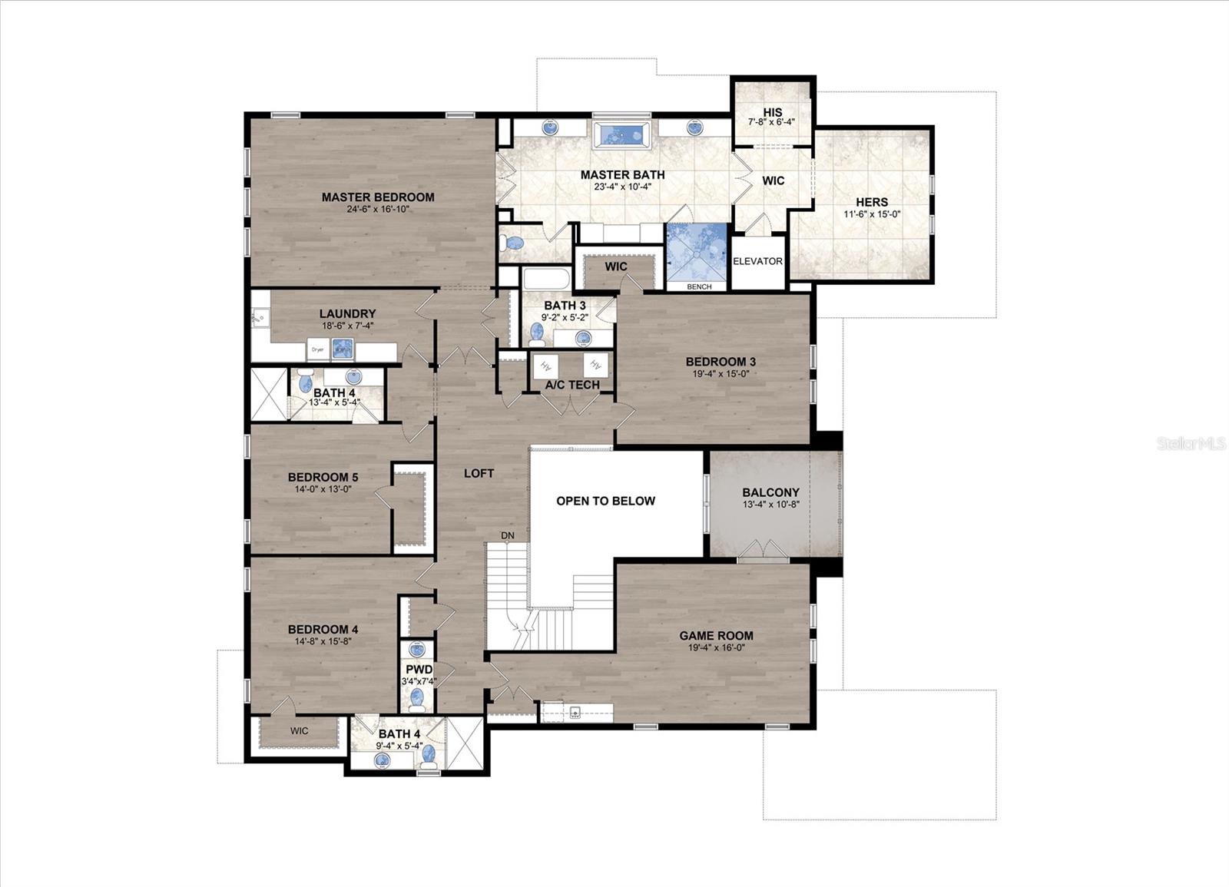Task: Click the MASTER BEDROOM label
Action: point(378,197)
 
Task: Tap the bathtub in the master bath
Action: point(621,134)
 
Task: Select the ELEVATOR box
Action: point(757,261)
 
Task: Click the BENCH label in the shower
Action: point(699,286)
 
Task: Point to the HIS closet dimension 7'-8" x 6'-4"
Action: point(772,122)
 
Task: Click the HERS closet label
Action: point(872,202)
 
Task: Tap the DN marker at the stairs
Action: point(508,535)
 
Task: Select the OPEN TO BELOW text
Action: point(605,501)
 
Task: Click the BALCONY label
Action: point(770,492)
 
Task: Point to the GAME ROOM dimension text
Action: point(716,647)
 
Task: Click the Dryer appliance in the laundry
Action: point(318,349)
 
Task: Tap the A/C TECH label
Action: point(572,385)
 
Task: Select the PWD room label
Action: point(419,670)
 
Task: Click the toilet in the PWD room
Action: point(417,698)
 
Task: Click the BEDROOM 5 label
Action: point(323,477)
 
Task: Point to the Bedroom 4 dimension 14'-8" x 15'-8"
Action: point(323,641)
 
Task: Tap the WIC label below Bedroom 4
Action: point(300,730)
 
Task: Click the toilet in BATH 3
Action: point(537,333)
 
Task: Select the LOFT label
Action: point(479,473)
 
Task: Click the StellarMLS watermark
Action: point(1191,443)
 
